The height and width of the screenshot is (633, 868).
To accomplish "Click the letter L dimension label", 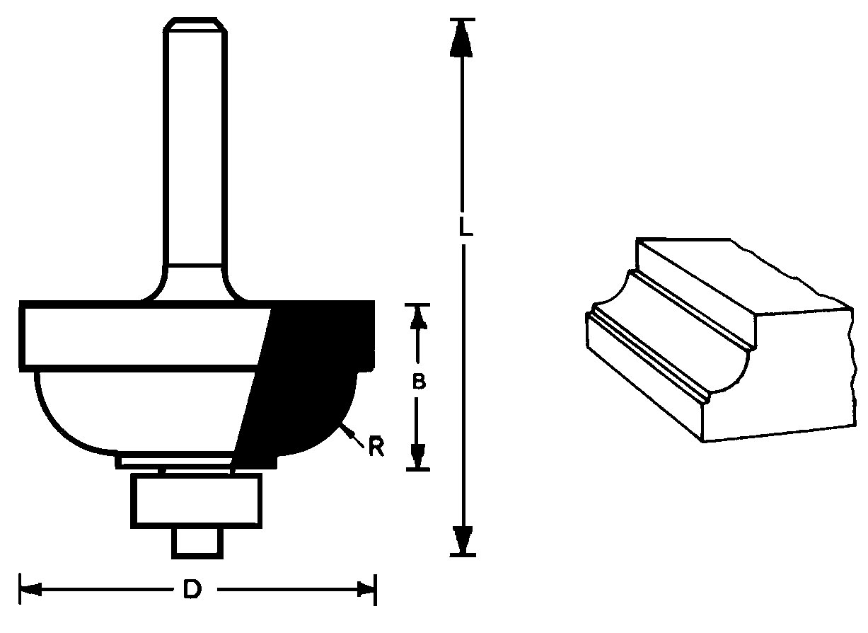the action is [x=465, y=227].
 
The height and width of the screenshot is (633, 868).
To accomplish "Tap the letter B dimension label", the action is [x=419, y=382].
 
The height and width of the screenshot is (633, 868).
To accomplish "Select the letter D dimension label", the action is [x=192, y=589].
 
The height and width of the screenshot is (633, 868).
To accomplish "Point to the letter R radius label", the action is [x=376, y=447].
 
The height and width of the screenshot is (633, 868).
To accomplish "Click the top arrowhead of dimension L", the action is [x=461, y=39].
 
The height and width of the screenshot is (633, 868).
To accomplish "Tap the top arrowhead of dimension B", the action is [x=417, y=318].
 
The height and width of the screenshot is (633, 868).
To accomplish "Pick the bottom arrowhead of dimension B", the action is [x=417, y=457].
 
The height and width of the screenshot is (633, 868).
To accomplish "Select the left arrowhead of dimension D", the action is [x=31, y=589].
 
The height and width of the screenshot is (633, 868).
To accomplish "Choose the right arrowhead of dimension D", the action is [x=366, y=589].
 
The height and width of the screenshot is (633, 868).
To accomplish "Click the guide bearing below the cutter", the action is [x=196, y=501].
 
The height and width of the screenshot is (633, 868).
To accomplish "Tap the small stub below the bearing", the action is [x=197, y=543].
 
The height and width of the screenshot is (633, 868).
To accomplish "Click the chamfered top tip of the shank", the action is [x=195, y=24].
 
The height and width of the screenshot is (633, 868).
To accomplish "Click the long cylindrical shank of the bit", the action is [x=195, y=147].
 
